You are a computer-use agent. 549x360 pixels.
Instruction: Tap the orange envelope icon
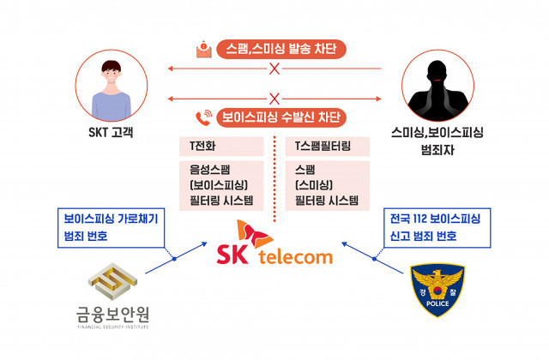pos(203,49)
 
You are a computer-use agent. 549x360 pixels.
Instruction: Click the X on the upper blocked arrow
pos(275,69)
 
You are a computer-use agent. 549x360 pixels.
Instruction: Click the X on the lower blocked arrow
pos(275,98)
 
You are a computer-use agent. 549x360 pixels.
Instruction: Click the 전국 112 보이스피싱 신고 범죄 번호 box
pos(434,226)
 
